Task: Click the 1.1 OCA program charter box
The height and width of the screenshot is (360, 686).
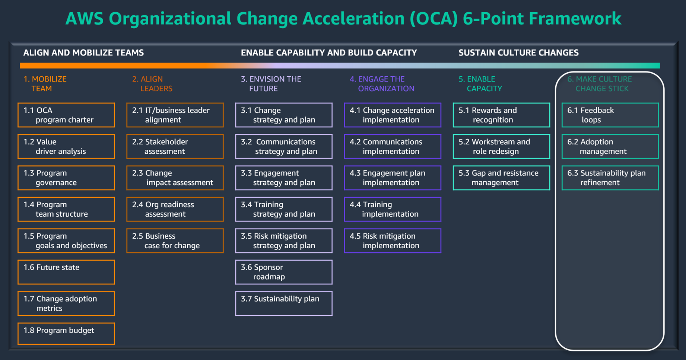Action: [66, 115]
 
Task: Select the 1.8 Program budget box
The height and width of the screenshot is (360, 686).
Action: [66, 334]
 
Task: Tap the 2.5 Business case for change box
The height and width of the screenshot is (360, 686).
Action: [175, 241]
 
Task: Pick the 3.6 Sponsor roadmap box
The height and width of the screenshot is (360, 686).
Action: [283, 272]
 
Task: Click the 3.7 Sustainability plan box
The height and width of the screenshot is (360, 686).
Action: [283, 303]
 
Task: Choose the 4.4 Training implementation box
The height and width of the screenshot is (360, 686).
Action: [392, 209]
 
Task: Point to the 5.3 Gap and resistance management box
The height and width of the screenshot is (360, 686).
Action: [501, 178]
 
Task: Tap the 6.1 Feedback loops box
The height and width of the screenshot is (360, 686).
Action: [610, 115]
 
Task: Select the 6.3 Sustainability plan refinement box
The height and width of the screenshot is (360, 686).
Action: [610, 178]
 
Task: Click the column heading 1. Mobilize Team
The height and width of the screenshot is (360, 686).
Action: [45, 84]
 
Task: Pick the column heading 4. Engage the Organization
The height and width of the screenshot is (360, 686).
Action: [382, 84]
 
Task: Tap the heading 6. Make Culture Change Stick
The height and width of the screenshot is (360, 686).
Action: [599, 84]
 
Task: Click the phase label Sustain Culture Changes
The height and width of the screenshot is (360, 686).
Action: [518, 53]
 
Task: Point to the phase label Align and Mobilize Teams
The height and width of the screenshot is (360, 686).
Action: [83, 53]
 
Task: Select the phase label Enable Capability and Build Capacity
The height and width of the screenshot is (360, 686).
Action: [328, 53]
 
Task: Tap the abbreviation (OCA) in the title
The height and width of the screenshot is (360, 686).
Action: [433, 19]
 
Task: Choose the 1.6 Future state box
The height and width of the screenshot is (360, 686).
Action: [66, 272]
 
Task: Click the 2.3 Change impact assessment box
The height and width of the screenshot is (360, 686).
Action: [175, 178]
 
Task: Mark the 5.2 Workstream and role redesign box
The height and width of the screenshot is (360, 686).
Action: [501, 146]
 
